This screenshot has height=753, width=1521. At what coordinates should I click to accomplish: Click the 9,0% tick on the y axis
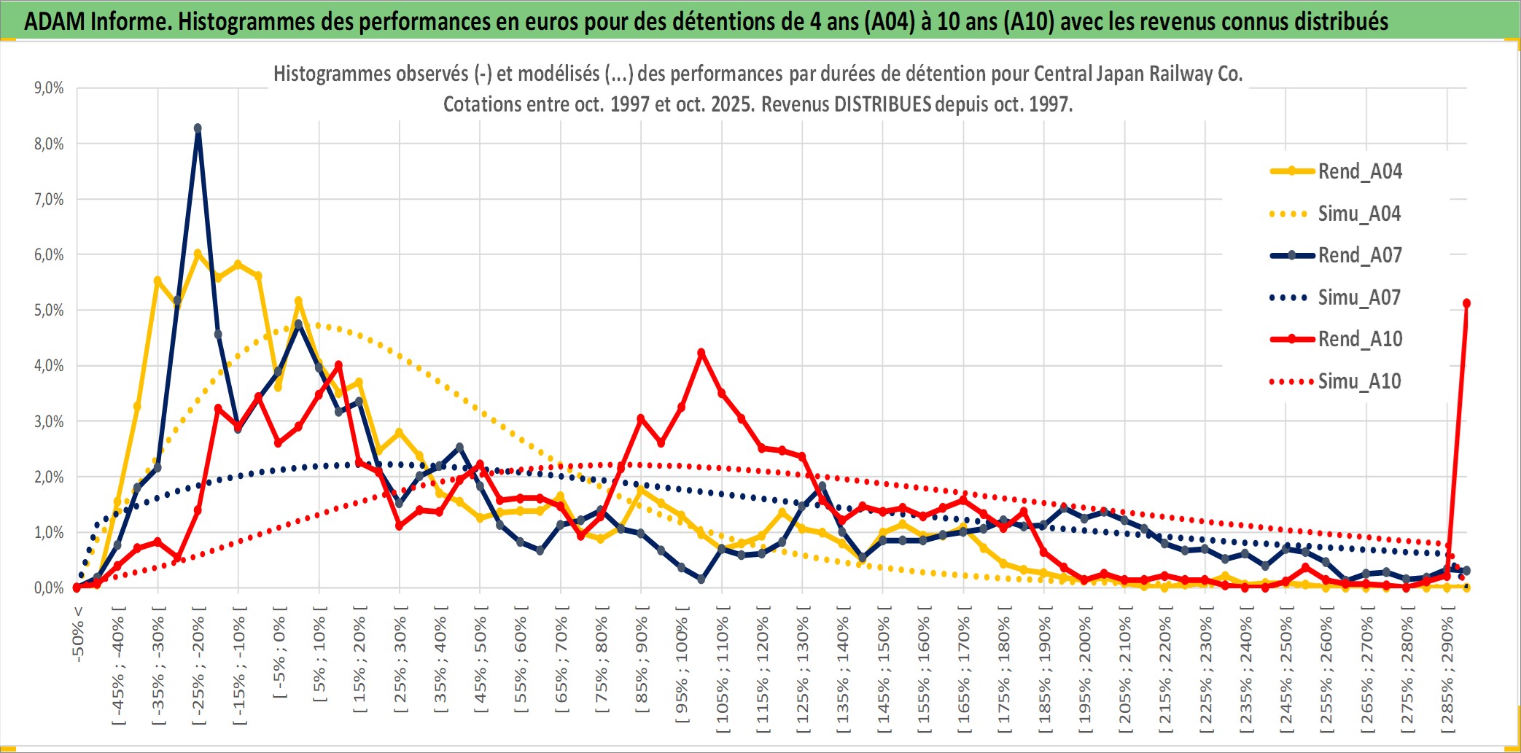(49, 88)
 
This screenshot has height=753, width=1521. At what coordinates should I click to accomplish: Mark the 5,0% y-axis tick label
(49, 311)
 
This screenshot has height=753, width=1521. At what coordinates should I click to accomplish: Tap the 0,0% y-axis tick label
(49, 588)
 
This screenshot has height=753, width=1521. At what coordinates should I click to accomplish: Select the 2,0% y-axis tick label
(49, 477)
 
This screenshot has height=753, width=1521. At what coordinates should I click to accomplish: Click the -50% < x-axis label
(78, 634)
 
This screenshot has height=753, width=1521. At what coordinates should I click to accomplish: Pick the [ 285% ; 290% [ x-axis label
(1447, 674)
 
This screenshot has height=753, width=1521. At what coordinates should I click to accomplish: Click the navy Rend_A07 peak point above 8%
(198, 128)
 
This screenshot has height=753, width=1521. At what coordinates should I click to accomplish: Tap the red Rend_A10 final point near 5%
(1466, 303)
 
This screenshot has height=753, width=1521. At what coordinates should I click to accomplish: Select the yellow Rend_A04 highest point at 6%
(198, 254)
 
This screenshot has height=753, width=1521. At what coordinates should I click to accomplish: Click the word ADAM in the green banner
(55, 22)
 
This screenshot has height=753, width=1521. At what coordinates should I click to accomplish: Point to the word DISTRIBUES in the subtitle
(882, 104)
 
